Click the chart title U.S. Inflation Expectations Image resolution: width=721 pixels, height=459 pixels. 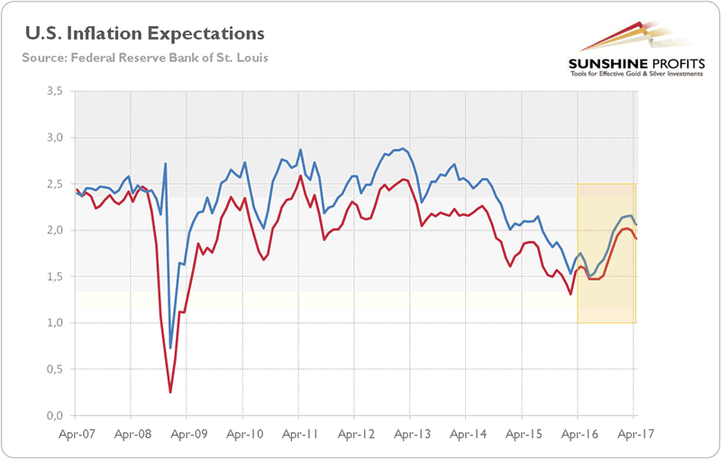[145, 33]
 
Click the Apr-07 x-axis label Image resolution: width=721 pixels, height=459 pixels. [75, 433]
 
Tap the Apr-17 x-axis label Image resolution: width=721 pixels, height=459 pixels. [634, 433]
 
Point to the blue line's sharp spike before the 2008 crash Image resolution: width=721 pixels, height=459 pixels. [166, 164]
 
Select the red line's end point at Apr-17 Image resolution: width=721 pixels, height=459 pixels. [636, 238]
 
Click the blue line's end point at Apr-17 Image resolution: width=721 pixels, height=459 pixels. [636, 224]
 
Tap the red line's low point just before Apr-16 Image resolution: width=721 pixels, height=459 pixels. [570, 293]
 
